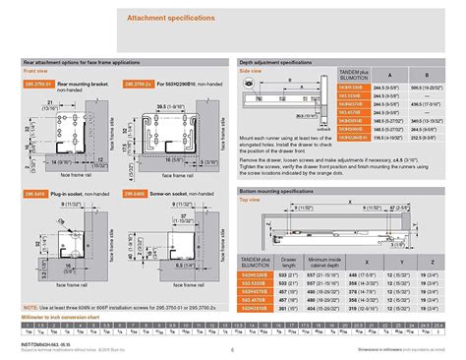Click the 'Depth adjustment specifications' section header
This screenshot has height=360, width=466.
pyautogui.click(x=286, y=62)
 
